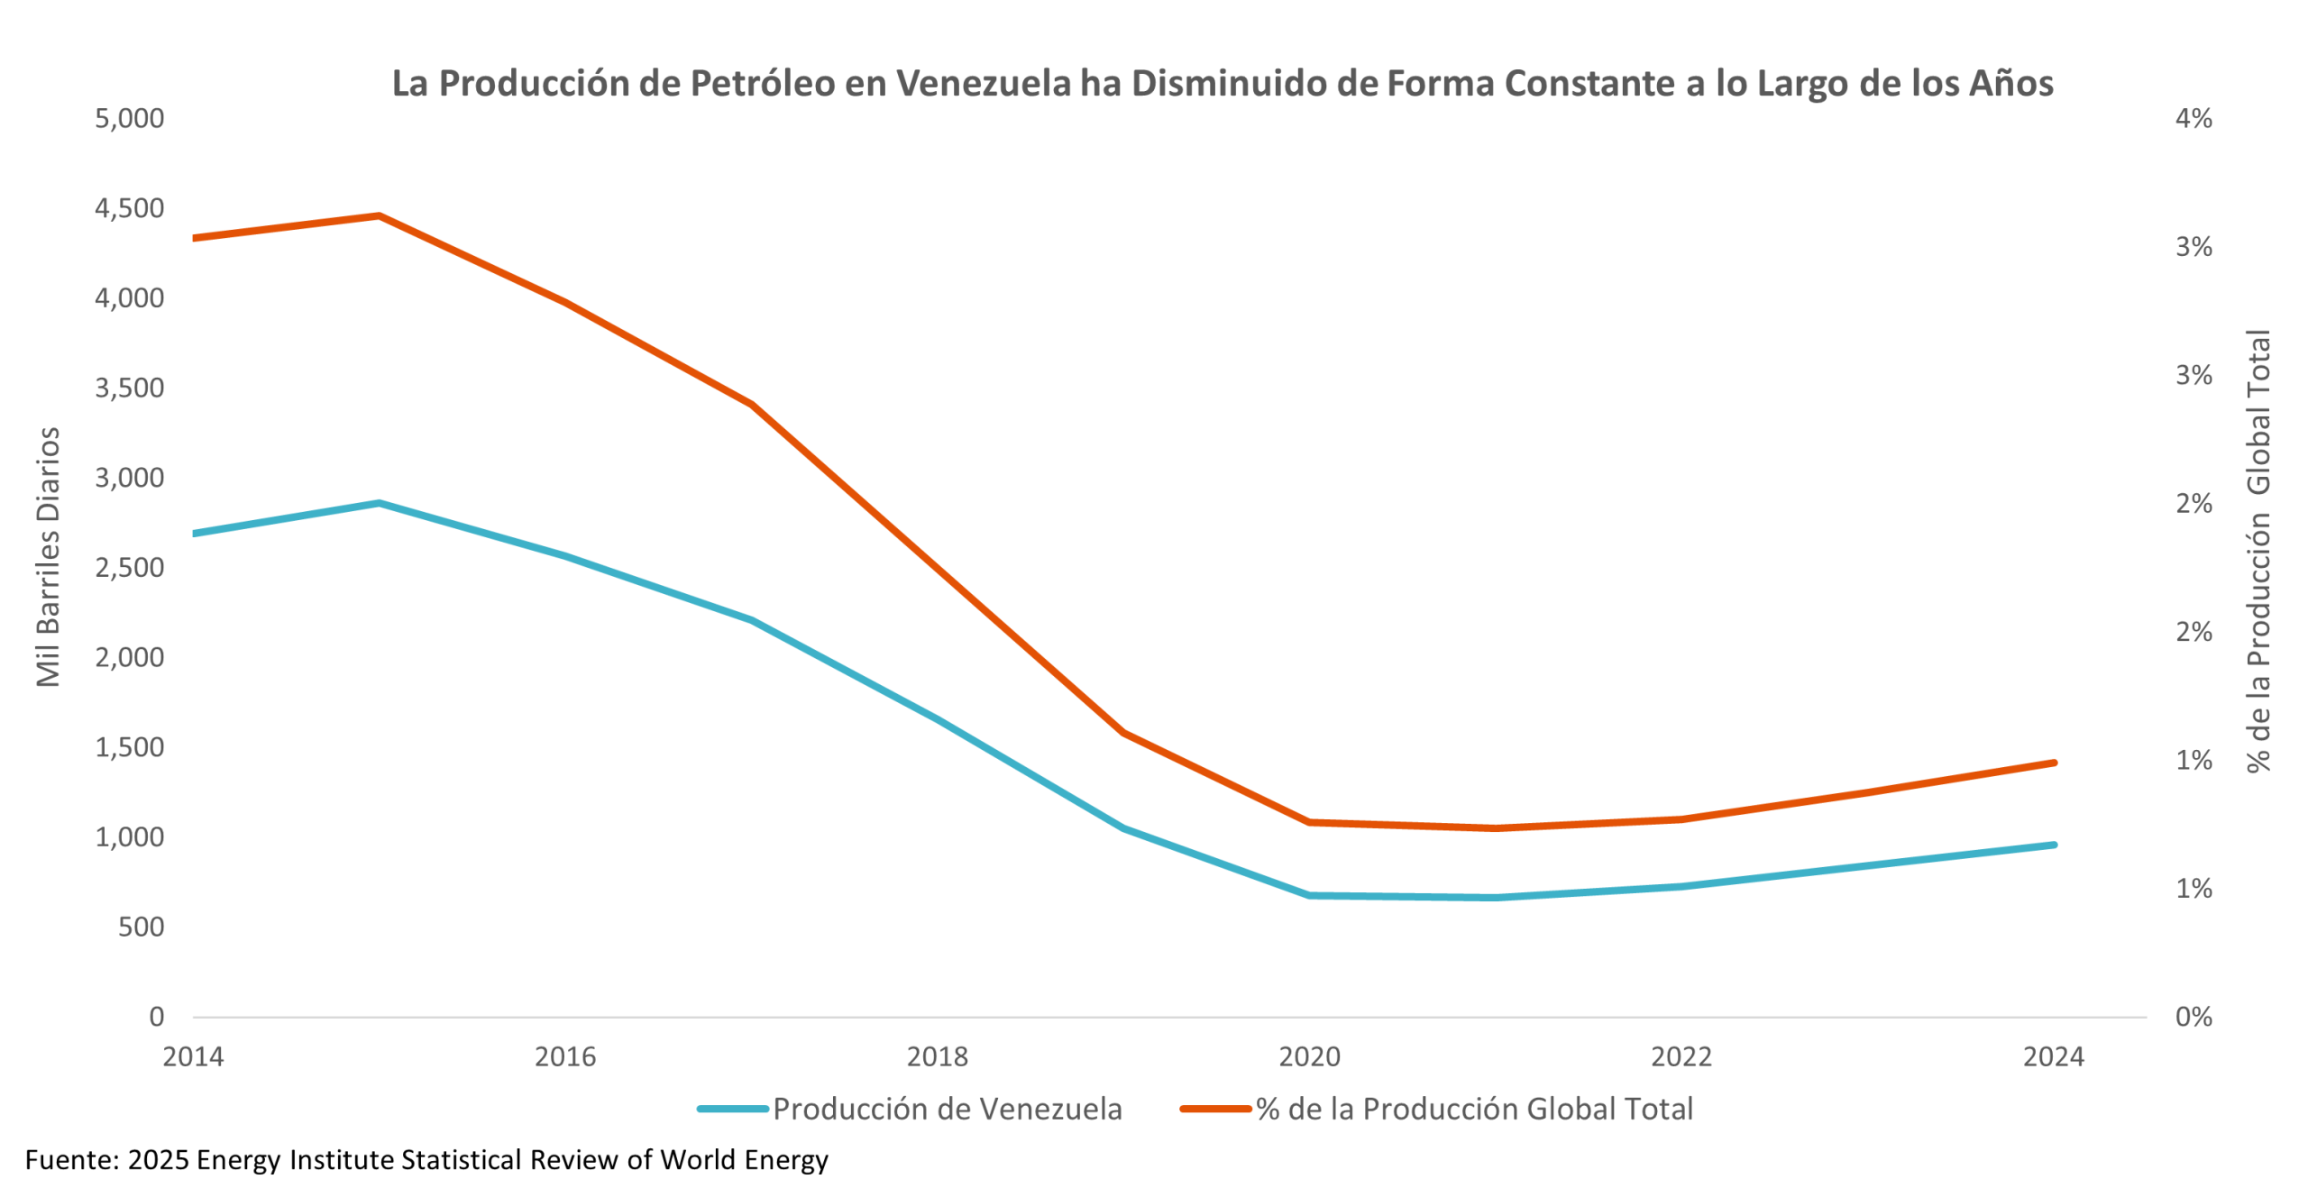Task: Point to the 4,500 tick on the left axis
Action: click(130, 208)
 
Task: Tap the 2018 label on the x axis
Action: click(937, 1056)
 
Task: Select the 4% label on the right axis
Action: click(2193, 118)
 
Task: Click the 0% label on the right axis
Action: click(2193, 1017)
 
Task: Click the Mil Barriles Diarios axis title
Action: click(49, 557)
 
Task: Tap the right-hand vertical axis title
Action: click(2258, 550)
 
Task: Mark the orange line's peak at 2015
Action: click(380, 216)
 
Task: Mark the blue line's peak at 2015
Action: click(380, 503)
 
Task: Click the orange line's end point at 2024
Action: click(2053, 763)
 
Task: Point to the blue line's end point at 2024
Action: click(2053, 845)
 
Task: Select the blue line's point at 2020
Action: click(1309, 895)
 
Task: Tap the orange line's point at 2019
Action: click(1123, 733)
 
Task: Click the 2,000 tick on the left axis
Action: click(130, 657)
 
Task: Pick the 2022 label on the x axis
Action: click(1681, 1056)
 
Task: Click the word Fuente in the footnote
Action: click(69, 1159)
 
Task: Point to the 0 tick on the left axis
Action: click(157, 1017)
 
